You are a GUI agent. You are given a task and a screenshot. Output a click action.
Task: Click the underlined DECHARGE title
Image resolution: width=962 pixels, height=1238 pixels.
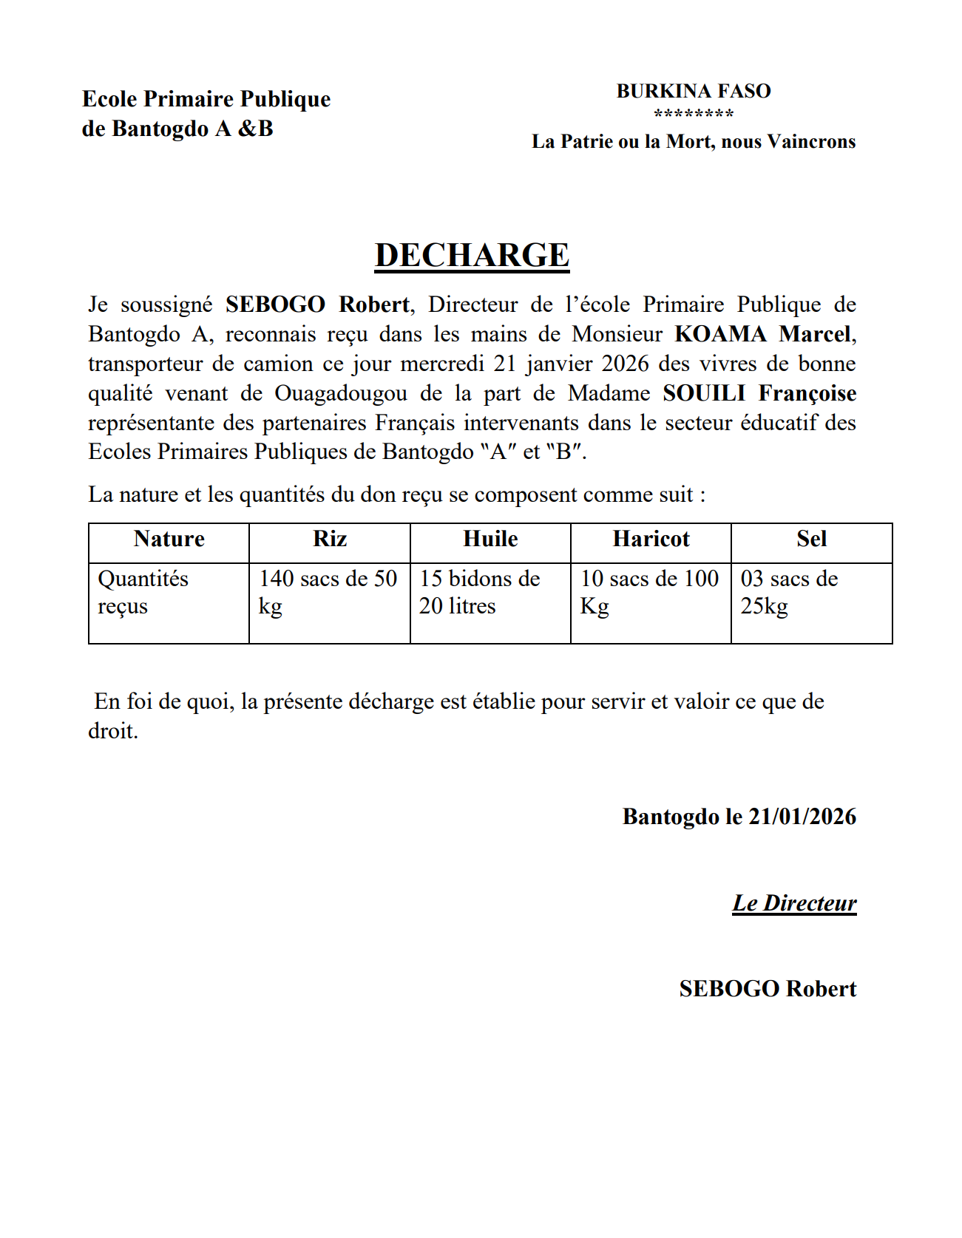(472, 256)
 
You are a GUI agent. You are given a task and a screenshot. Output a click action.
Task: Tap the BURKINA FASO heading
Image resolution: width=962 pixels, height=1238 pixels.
(693, 91)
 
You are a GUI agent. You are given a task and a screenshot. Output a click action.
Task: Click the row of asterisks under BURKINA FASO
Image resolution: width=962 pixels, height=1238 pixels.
(693, 114)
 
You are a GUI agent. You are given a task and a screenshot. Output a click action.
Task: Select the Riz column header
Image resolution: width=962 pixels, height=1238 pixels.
(330, 539)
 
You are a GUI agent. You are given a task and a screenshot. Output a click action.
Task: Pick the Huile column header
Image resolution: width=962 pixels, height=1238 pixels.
(490, 539)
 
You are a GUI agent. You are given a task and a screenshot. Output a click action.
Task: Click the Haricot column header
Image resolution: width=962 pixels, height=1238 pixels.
(651, 539)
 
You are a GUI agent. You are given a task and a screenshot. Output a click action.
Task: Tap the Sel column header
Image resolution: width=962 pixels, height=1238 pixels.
(811, 539)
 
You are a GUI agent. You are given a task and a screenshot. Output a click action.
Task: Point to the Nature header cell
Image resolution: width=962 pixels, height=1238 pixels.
(169, 539)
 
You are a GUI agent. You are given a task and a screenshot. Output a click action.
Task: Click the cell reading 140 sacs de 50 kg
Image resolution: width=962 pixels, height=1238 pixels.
(328, 592)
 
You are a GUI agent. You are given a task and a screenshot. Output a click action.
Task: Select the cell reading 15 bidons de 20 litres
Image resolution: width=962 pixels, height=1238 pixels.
(479, 592)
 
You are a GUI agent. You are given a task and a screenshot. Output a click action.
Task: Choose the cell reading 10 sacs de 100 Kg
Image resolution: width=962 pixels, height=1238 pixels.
(649, 592)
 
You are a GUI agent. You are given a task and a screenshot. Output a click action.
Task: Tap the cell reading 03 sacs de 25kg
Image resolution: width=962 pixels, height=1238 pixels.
(789, 592)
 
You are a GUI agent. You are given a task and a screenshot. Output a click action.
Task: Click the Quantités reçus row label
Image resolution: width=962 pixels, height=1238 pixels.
(143, 592)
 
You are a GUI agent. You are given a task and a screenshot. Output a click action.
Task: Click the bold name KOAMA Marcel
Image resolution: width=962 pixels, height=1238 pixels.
(762, 334)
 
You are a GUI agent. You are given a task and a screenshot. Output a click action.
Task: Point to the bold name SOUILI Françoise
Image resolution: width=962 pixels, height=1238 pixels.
(759, 393)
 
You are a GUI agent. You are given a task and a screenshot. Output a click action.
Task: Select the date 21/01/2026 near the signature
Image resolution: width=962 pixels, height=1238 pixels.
(802, 817)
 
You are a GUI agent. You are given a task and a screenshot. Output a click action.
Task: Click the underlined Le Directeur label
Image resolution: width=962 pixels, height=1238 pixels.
(794, 903)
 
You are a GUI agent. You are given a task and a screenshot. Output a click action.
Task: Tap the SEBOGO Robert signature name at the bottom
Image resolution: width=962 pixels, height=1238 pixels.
(768, 989)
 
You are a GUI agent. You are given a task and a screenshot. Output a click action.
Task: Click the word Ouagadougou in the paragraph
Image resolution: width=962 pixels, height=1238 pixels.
(341, 393)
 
